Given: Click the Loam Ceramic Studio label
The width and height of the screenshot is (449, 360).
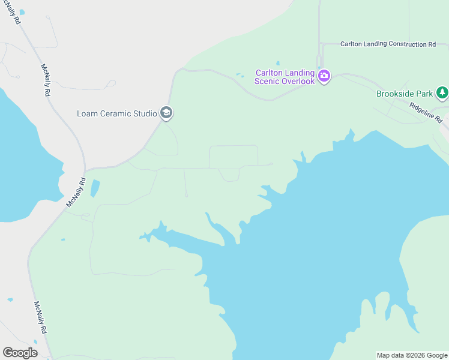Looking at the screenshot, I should click(x=116, y=113).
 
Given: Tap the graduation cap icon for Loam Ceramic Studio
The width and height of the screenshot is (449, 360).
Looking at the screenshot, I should click(x=166, y=113).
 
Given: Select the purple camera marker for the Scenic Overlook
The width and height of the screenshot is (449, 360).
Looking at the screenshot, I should click(x=324, y=76).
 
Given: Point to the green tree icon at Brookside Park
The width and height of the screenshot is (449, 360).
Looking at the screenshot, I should click(x=442, y=92).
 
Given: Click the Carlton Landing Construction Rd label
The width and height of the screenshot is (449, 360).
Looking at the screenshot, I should click(x=388, y=44).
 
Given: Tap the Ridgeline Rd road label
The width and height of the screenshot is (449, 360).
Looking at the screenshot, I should click(x=426, y=112).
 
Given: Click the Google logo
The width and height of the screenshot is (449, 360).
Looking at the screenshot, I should click(x=20, y=353).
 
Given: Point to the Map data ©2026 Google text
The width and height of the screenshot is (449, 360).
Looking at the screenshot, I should click(x=412, y=355).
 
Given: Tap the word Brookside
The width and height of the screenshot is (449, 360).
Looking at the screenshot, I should click(x=396, y=94).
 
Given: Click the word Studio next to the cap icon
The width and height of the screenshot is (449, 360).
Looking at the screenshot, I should click(x=144, y=113).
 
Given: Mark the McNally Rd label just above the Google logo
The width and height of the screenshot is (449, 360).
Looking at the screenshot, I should click(x=41, y=318).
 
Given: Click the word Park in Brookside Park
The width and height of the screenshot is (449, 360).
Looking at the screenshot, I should click(x=425, y=94).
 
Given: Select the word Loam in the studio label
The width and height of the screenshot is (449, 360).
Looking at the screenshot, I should click(x=87, y=113).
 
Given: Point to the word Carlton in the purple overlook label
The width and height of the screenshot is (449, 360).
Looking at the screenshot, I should click(x=271, y=72).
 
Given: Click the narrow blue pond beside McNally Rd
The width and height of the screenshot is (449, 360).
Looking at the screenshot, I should click(x=95, y=188).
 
